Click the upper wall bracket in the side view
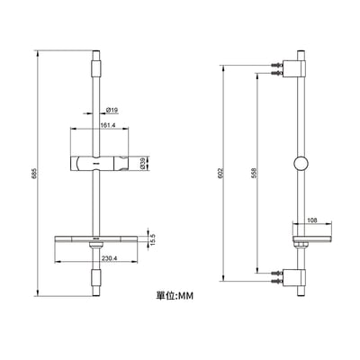click(x=293, y=69)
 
